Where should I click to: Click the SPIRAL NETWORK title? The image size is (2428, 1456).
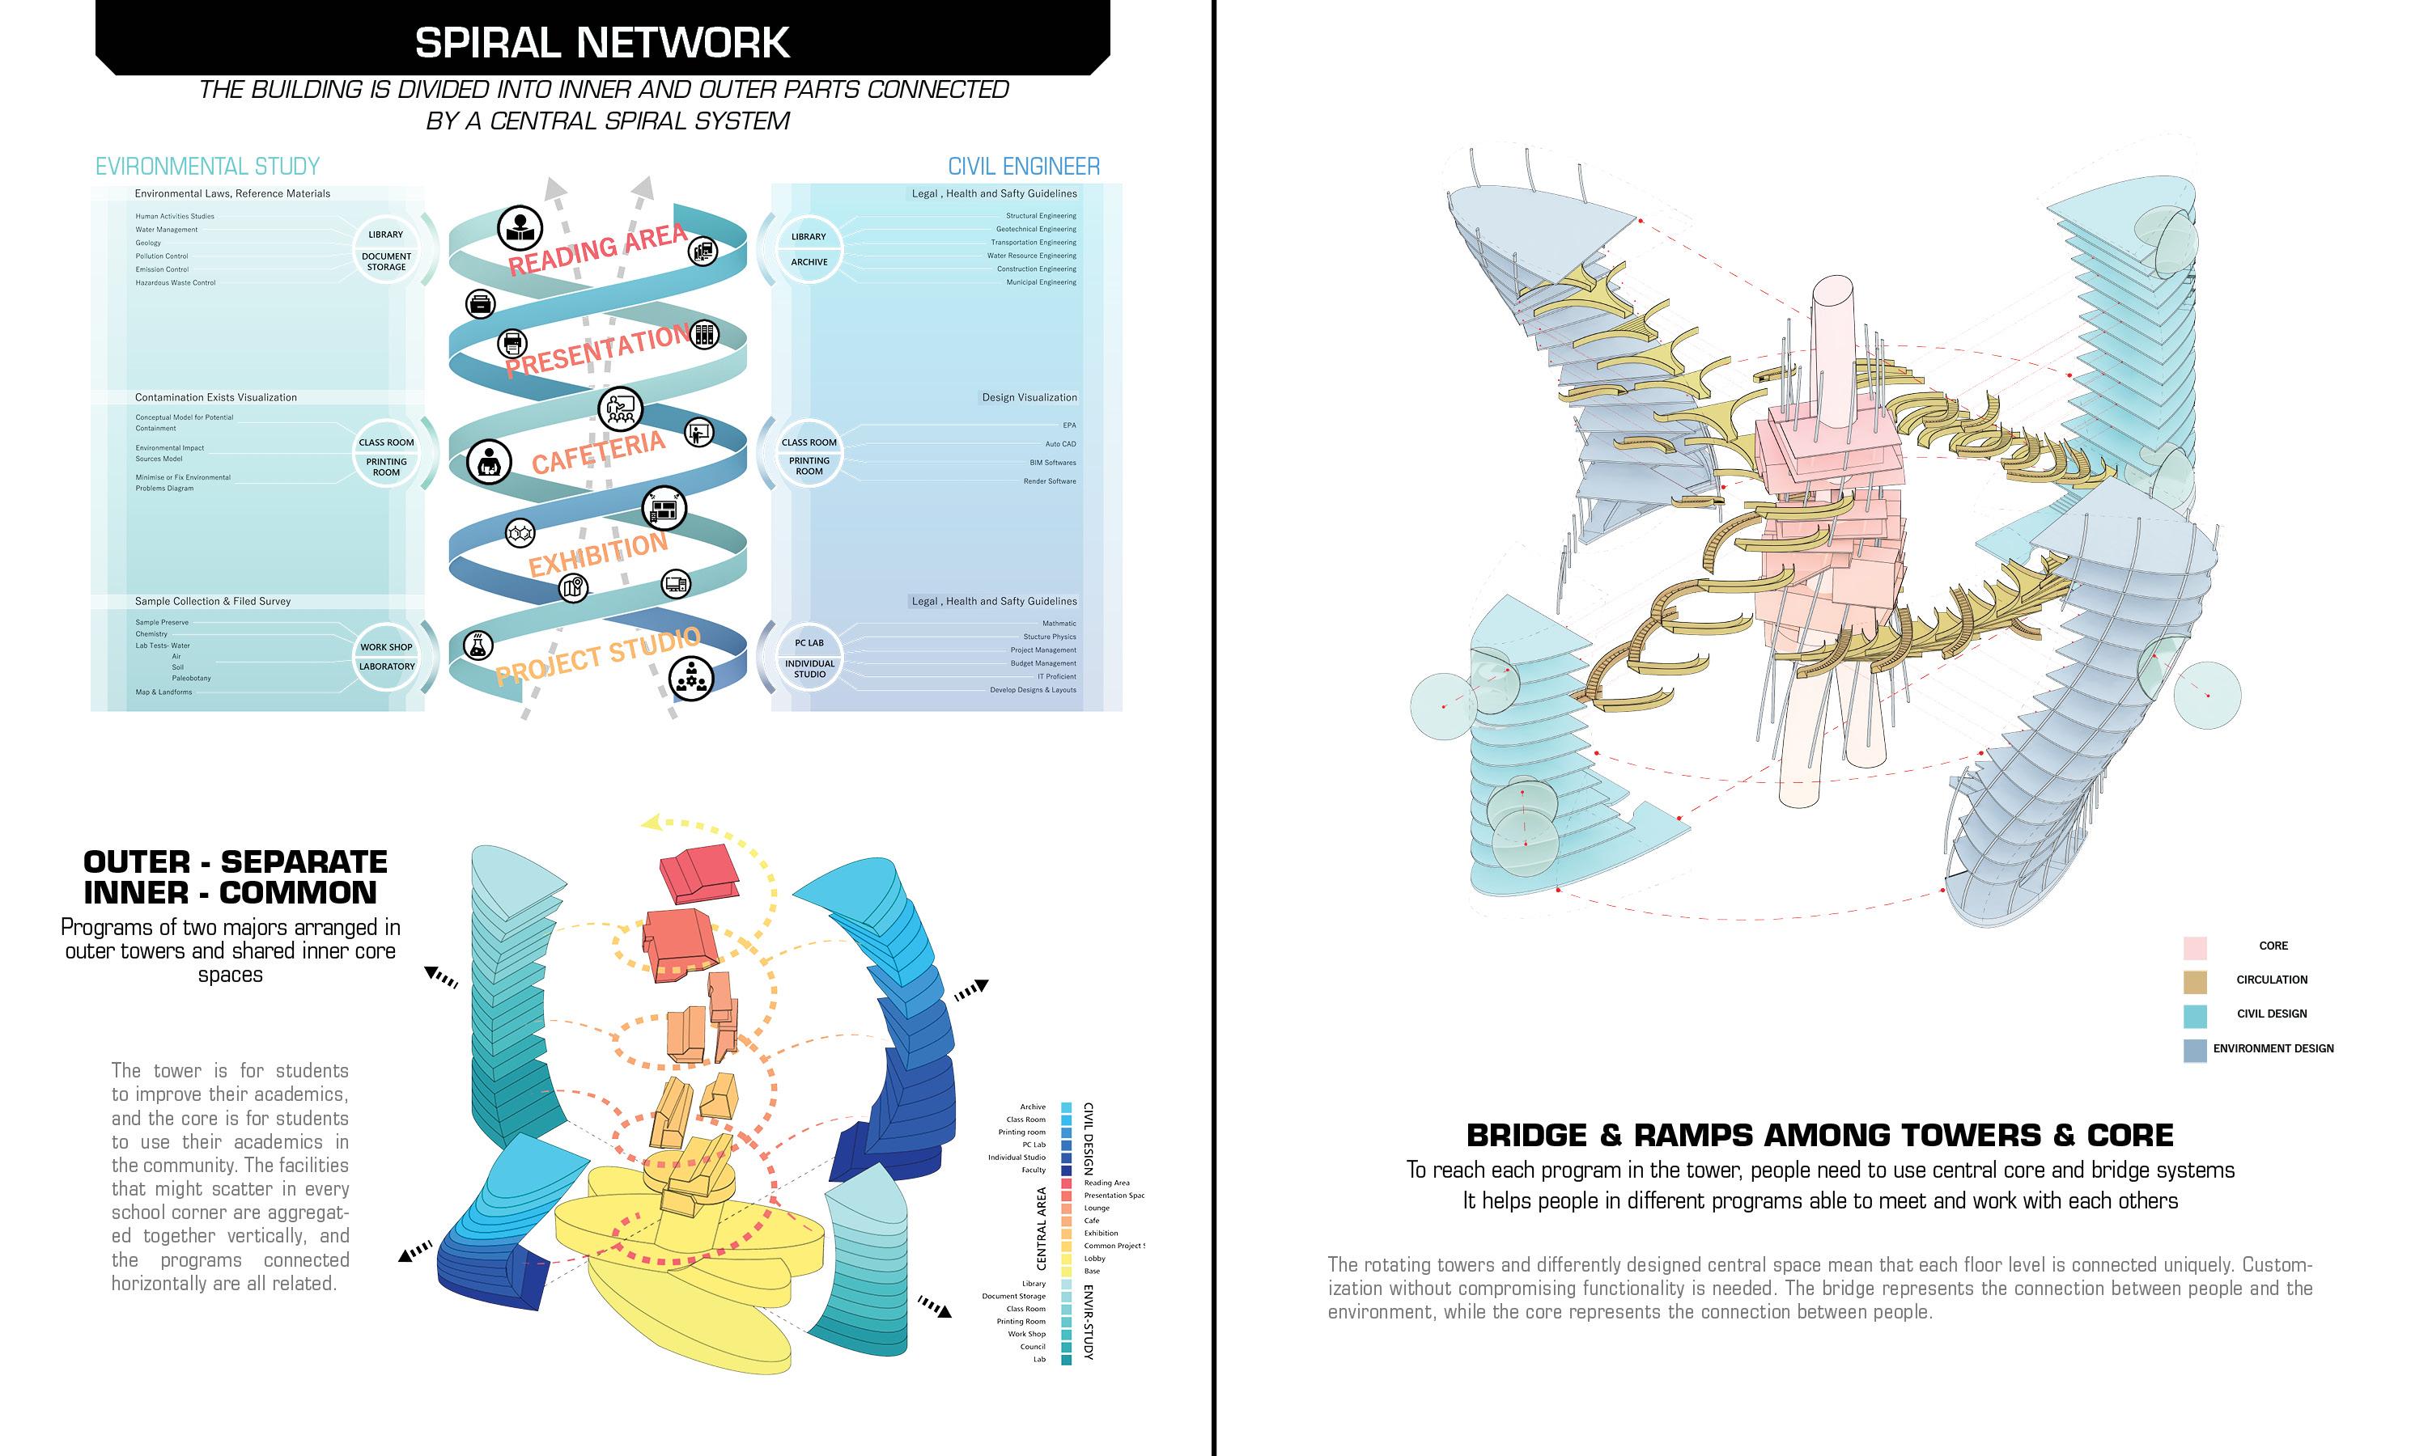tap(601, 42)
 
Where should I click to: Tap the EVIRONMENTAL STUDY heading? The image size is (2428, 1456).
tap(207, 166)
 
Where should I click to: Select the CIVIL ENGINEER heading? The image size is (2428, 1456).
tap(1023, 166)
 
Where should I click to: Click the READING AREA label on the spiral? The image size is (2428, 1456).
tap(596, 249)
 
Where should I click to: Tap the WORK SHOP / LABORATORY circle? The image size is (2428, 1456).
tap(387, 656)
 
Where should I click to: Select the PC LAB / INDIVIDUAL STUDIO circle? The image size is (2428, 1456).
tap(809, 658)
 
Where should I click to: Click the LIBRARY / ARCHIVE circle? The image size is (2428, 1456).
tap(809, 249)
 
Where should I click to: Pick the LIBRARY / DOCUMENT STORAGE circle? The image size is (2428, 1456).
tap(387, 249)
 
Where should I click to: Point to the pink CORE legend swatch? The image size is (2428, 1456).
tap(2194, 946)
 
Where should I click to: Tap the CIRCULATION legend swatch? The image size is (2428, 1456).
tap(2194, 981)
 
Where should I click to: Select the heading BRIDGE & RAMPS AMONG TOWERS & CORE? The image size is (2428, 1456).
tap(1819, 1135)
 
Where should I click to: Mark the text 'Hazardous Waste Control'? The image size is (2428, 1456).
tap(176, 282)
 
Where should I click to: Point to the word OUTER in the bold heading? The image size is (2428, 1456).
tap(137, 861)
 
